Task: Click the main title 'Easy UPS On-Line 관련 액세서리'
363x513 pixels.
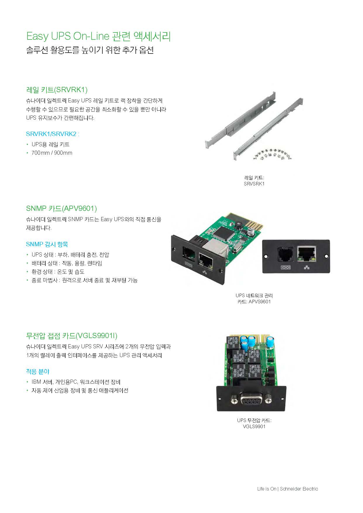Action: click(99, 36)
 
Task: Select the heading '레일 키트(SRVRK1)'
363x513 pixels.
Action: click(57, 89)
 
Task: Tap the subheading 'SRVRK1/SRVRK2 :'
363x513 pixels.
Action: click(53, 134)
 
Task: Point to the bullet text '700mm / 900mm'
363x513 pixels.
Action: click(52, 153)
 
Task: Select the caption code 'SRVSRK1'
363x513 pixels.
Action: click(254, 184)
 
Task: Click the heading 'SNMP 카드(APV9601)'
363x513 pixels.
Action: click(61, 208)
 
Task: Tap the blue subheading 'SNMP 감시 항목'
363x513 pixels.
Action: click(47, 244)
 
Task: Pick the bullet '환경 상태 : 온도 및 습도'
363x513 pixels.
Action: click(58, 272)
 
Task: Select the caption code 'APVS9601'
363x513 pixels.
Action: click(260, 302)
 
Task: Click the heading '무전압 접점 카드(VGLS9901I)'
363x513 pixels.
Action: click(72, 335)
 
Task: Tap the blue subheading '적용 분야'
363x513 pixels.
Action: click(38, 371)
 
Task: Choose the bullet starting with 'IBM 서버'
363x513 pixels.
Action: click(76, 382)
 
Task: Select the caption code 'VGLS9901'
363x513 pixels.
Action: click(254, 426)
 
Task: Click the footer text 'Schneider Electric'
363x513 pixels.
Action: click(299, 489)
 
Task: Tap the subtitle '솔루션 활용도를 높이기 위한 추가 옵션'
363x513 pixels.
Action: click(90, 50)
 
